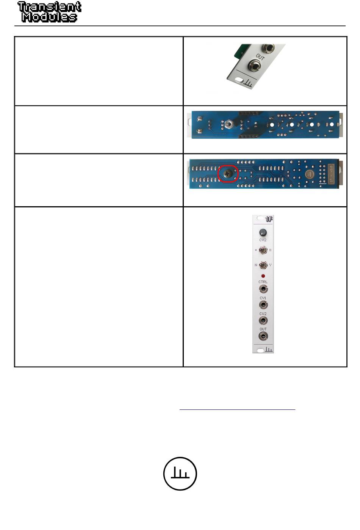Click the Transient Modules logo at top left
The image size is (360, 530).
pyautogui.click(x=49, y=12)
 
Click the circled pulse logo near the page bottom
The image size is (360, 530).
pyautogui.click(x=180, y=474)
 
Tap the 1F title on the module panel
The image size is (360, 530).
pyautogui.click(x=269, y=219)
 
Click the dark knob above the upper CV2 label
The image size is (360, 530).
pyautogui.click(x=263, y=232)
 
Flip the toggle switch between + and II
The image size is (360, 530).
pyautogui.click(x=263, y=250)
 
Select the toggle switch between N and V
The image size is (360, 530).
pyautogui.click(x=263, y=265)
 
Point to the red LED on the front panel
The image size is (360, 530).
pyautogui.click(x=263, y=276)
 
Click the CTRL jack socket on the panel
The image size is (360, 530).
pyautogui.click(x=263, y=289)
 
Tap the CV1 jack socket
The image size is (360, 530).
pyautogui.click(x=263, y=305)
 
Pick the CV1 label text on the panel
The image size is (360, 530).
pyautogui.click(x=263, y=298)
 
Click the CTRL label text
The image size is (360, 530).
pyautogui.click(x=263, y=282)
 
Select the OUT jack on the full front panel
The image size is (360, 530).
pyautogui.click(x=263, y=336)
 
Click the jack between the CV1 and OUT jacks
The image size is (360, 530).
pyautogui.click(x=263, y=321)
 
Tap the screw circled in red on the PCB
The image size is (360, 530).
pyautogui.click(x=228, y=174)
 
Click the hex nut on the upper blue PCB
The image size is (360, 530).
pyautogui.click(x=229, y=124)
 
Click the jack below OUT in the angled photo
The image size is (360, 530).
pyautogui.click(x=254, y=66)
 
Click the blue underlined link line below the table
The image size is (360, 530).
pyautogui.click(x=237, y=409)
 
